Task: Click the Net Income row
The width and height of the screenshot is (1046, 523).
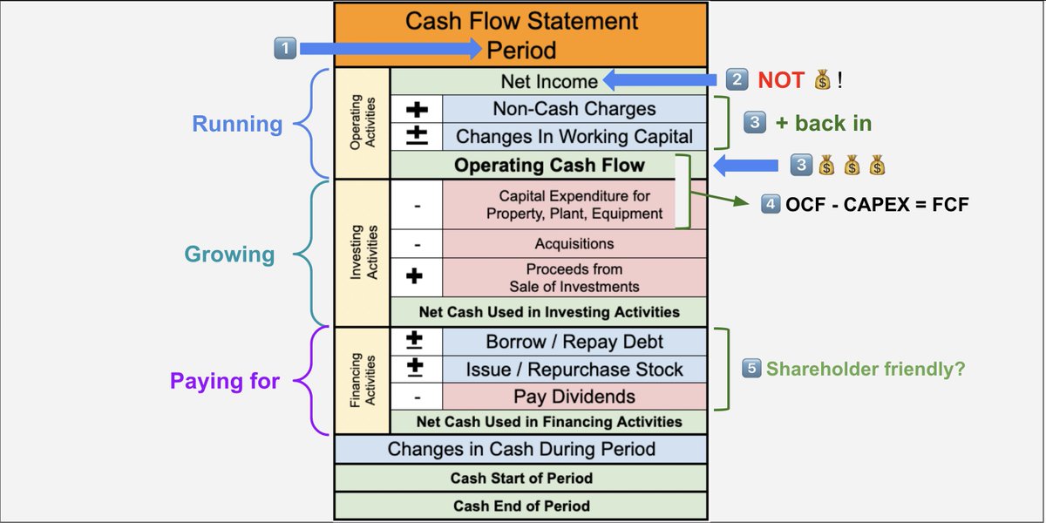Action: (x=548, y=82)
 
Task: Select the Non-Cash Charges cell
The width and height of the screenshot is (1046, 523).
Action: (x=574, y=109)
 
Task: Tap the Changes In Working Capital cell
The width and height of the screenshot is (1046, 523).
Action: (x=574, y=136)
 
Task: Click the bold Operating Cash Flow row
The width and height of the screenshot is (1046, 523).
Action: (x=548, y=165)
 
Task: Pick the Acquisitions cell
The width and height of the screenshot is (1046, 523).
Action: (x=574, y=244)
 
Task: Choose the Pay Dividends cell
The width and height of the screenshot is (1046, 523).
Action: (x=574, y=397)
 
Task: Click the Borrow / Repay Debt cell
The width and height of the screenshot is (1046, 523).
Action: (x=574, y=342)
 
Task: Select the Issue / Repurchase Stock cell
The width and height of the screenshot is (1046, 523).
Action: (x=574, y=370)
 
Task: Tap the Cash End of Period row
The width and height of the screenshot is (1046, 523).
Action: (x=520, y=506)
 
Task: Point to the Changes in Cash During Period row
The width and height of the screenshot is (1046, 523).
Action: (x=520, y=450)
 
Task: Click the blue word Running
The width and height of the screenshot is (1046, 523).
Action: (x=237, y=124)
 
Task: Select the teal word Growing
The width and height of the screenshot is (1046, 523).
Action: (x=229, y=255)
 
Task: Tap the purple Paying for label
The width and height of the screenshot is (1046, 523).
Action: (x=225, y=381)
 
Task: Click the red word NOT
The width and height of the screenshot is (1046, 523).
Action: (x=780, y=81)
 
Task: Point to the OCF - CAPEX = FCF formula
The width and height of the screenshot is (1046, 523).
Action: (x=876, y=206)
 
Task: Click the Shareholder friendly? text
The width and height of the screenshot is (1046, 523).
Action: (x=865, y=369)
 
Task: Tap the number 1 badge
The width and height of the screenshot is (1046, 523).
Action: (x=284, y=50)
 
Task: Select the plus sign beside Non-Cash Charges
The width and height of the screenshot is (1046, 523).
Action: (x=416, y=109)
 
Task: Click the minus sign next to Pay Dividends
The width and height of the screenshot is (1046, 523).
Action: (x=416, y=397)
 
